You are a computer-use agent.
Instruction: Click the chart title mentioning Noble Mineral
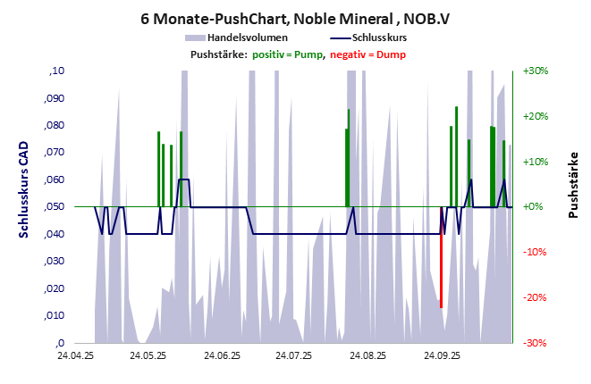[x=295, y=17]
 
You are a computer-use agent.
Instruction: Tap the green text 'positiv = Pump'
[x=286, y=55]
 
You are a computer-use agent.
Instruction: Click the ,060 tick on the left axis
[x=55, y=179]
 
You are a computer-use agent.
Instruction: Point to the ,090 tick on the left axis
[x=55, y=98]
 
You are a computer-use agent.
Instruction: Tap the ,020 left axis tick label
[x=55, y=288]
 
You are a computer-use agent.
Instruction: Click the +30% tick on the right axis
[x=535, y=71]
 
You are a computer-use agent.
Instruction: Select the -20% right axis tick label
[x=535, y=297]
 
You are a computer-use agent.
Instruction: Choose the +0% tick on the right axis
[x=535, y=206]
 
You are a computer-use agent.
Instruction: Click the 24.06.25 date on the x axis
[x=222, y=355]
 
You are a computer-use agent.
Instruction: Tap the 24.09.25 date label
[x=442, y=355]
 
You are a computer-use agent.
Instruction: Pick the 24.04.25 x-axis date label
[x=75, y=355]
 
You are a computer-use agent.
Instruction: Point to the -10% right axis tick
[x=535, y=252]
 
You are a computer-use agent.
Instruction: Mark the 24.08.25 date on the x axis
[x=368, y=355]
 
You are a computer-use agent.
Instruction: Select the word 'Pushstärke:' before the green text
[x=218, y=55]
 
